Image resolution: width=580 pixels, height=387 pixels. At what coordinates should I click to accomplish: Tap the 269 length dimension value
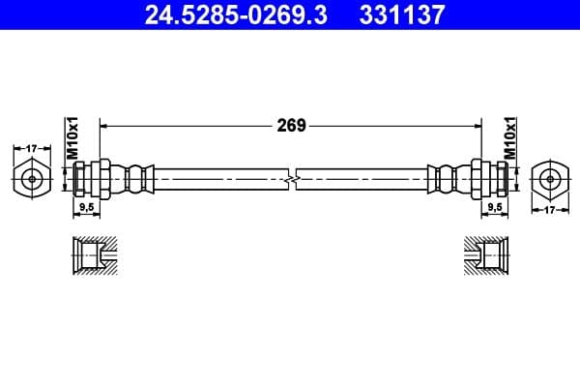(291, 125)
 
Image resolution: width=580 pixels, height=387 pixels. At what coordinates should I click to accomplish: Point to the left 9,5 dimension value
(86, 207)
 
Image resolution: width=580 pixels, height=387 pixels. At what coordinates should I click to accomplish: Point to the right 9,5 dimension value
(494, 207)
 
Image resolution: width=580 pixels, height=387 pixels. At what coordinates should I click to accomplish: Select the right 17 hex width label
(549, 208)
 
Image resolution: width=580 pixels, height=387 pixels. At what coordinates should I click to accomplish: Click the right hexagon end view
(549, 178)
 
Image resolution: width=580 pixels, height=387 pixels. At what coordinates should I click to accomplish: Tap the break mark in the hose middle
(291, 178)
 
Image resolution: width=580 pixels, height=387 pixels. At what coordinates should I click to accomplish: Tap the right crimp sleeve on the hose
(445, 178)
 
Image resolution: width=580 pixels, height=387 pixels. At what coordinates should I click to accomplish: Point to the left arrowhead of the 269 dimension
(105, 125)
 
